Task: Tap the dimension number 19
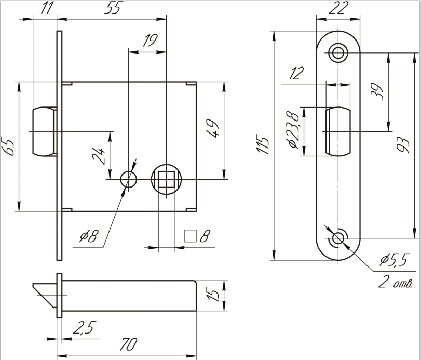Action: click(150, 41)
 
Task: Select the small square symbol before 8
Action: click(190, 236)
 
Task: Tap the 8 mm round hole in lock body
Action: click(128, 180)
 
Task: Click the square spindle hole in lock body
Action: click(166, 180)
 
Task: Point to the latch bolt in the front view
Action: click(43, 130)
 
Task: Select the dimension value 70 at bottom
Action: click(128, 345)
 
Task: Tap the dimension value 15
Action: click(213, 295)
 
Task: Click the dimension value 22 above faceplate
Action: click(338, 8)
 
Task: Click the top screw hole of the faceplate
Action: click(338, 52)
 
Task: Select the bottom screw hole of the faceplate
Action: click(338, 238)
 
